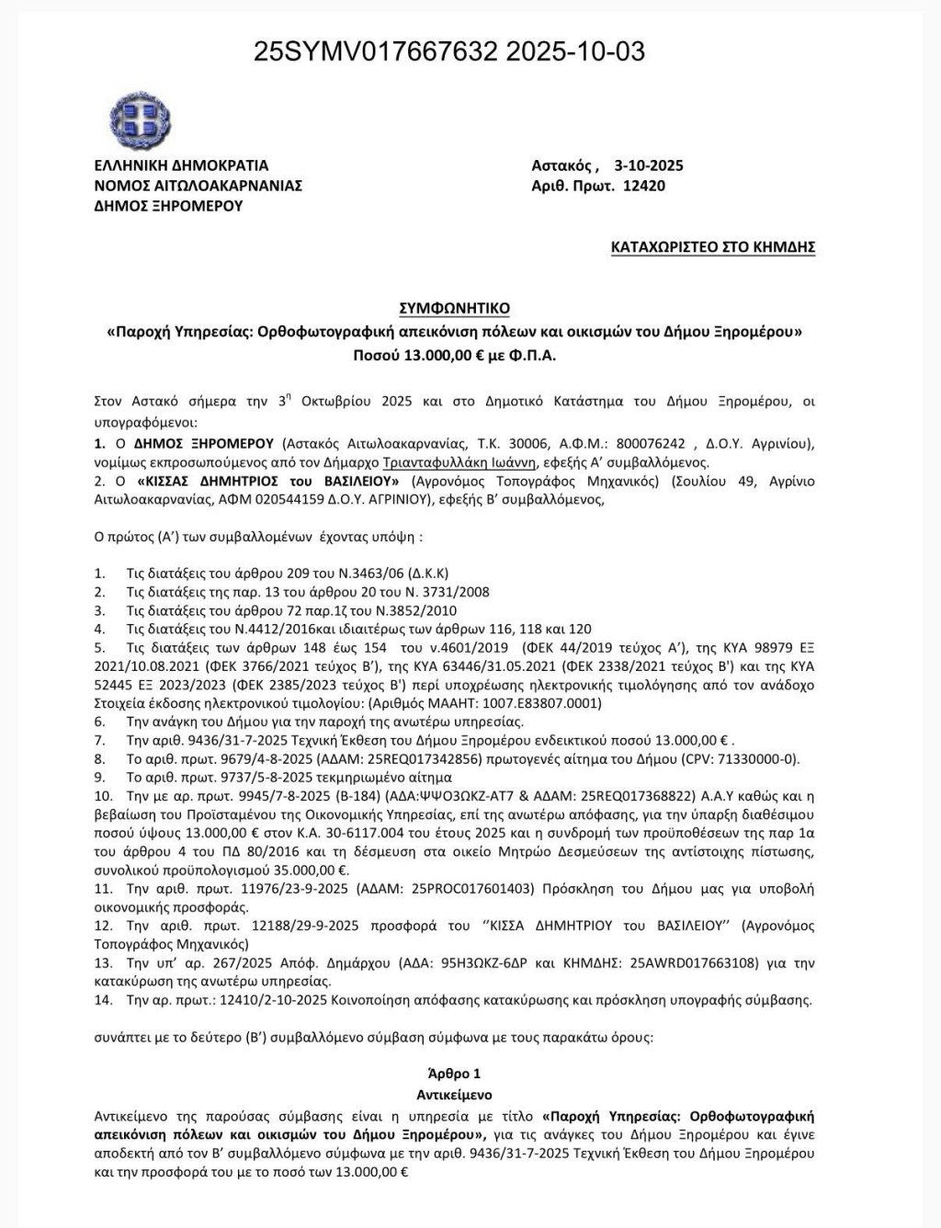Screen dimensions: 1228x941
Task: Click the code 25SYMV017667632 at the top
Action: pyautogui.click(x=376, y=51)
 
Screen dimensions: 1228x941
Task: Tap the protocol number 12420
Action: pyautogui.click(x=643, y=186)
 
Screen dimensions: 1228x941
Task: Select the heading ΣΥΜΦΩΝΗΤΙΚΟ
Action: pyautogui.click(x=455, y=308)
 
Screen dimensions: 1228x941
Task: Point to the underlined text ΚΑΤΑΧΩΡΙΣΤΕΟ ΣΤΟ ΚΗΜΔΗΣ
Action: pyautogui.click(x=713, y=246)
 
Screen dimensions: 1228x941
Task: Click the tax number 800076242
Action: pyautogui.click(x=653, y=444)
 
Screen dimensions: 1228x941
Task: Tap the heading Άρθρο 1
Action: pyautogui.click(x=454, y=1074)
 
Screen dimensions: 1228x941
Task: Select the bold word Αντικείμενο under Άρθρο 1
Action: pyautogui.click(x=454, y=1095)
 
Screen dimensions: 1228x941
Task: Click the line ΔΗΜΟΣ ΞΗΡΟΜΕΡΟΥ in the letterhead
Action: pyautogui.click(x=168, y=206)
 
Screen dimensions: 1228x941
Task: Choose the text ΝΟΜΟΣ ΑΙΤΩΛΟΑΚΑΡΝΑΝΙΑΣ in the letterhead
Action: pyautogui.click(x=198, y=186)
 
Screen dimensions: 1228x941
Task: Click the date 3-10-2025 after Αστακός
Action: pyautogui.click(x=649, y=165)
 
